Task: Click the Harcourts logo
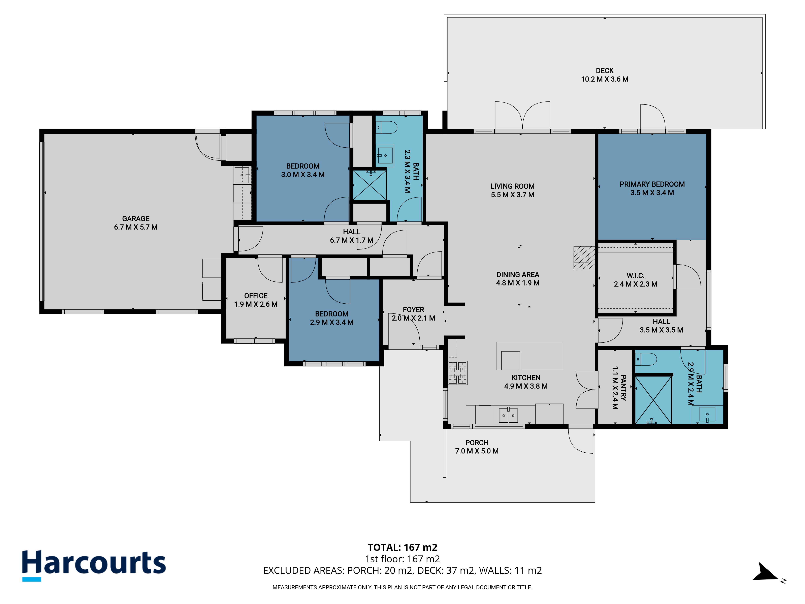point(94,565)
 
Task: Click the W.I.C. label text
point(635,276)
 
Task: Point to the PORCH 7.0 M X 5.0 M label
point(477,447)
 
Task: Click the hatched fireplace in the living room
point(584,258)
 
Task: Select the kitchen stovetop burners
point(457,373)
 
